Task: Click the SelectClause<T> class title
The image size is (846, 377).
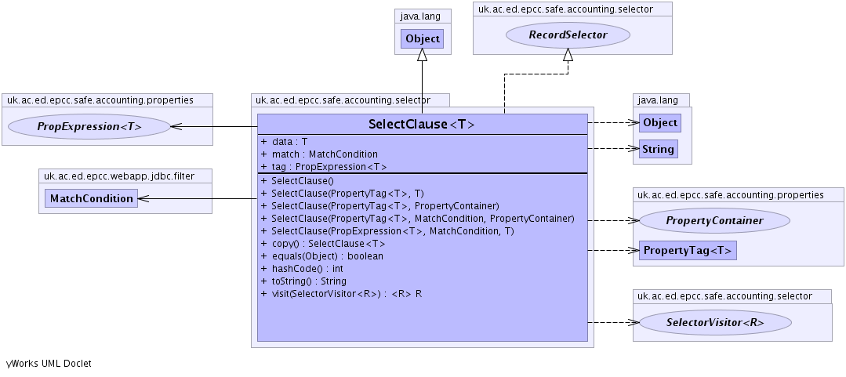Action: (422, 125)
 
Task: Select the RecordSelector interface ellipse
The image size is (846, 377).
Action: (568, 34)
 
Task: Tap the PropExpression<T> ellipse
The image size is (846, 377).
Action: (89, 126)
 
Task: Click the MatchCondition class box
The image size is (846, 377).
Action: (91, 198)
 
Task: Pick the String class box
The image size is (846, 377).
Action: (657, 149)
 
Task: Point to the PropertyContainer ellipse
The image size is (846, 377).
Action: (714, 221)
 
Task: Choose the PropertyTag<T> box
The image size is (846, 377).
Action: (688, 251)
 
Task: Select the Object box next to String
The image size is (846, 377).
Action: (659, 123)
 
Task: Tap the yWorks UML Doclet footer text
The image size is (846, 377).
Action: (49, 364)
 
